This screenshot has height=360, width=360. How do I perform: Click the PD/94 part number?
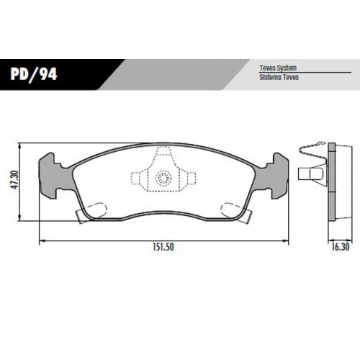click(x=33, y=74)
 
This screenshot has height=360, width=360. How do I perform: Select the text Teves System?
click(x=278, y=68)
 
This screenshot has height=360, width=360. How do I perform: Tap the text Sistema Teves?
click(x=279, y=77)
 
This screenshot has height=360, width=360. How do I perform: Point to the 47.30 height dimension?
click(x=15, y=180)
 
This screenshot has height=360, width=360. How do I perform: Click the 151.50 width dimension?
click(x=163, y=247)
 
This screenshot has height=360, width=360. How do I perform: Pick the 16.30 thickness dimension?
click(x=341, y=247)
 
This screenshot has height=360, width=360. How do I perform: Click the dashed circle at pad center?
click(x=163, y=179)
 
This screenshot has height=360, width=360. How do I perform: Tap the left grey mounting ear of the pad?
click(x=55, y=176)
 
